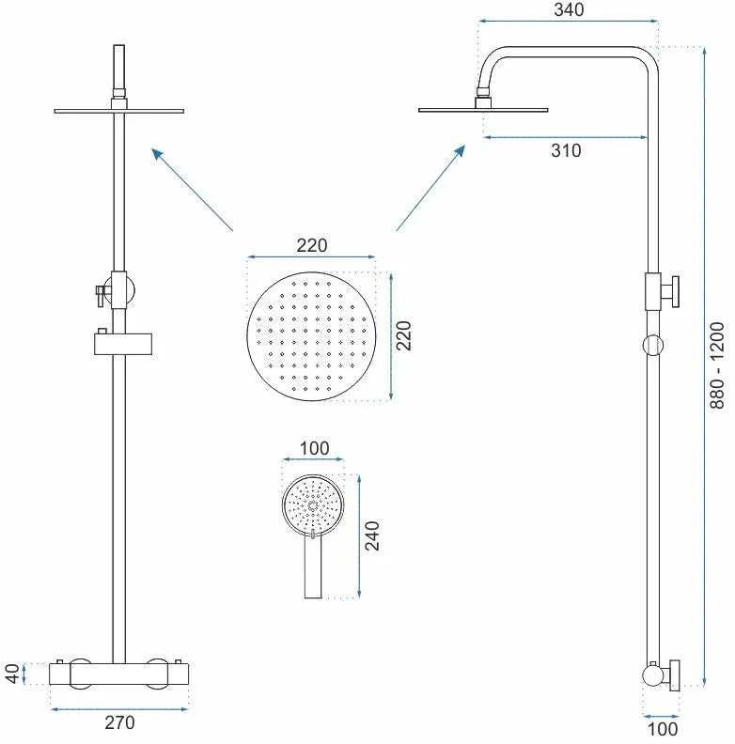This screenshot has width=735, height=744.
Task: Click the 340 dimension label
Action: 569,9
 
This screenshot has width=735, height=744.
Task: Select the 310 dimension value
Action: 566,150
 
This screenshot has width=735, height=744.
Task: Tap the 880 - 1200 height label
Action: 717,364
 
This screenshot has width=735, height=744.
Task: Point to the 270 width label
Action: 119,722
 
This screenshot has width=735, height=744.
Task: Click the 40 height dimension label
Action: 13,674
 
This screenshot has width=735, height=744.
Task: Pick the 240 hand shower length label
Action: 372,535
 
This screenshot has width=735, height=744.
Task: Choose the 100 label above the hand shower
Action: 314,448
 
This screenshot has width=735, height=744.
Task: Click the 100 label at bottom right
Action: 663,728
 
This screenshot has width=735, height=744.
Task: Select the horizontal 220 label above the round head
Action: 312,245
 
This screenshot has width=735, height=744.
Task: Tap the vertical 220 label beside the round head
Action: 404,335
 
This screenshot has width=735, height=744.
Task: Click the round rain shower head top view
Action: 311,336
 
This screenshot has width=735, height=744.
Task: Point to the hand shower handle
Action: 313,565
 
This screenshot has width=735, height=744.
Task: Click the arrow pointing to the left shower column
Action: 193,190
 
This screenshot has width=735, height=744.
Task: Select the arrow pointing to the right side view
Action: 430,189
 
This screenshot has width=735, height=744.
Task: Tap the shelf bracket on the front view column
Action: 123,343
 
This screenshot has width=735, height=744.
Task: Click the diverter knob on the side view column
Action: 670,292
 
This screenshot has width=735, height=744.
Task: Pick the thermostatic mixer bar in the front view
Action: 119,674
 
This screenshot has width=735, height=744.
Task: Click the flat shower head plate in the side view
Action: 483,110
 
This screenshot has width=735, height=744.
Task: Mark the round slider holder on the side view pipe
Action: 652,345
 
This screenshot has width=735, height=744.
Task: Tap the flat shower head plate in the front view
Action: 119,111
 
